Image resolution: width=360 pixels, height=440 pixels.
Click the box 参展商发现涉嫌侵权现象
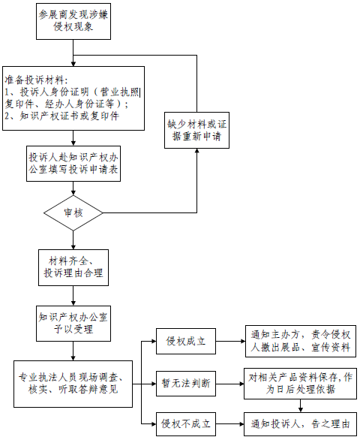point(73,21)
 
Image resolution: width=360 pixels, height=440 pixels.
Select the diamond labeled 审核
point(73,212)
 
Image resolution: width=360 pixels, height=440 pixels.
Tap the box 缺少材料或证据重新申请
point(196,130)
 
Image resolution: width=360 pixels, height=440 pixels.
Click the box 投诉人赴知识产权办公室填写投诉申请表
point(73,164)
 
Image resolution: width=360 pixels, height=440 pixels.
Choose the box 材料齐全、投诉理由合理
point(73,268)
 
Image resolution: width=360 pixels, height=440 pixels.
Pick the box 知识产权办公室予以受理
point(73,324)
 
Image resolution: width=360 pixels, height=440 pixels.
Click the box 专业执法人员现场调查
point(73,384)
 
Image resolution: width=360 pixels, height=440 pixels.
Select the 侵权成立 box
point(186,341)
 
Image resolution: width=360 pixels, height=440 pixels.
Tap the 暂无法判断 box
point(186,384)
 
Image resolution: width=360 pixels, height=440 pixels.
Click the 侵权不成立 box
point(186,424)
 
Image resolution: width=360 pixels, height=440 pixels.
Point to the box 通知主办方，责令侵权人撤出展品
point(301,341)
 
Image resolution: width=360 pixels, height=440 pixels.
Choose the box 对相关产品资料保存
point(300,384)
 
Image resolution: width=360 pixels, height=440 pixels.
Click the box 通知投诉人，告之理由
point(300,424)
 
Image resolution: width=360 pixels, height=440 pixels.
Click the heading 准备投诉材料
point(36,80)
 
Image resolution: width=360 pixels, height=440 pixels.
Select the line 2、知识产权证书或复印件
point(62,116)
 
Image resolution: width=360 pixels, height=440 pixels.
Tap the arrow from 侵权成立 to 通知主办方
point(230,341)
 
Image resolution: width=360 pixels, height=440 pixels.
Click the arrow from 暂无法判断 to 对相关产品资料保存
point(230,384)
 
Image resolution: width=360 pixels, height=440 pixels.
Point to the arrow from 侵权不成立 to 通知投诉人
point(230,424)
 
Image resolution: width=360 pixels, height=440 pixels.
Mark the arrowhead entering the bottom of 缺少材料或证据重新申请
point(196,151)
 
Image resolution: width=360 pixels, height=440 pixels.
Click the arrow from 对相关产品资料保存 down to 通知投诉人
point(300,405)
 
